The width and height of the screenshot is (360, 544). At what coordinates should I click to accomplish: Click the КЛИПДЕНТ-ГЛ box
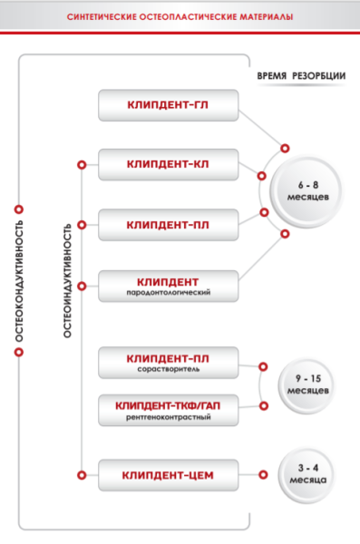(x=169, y=105)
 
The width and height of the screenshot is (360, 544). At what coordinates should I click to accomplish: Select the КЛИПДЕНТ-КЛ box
(x=169, y=165)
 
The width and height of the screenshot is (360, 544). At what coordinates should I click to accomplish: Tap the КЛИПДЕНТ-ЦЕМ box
(x=169, y=475)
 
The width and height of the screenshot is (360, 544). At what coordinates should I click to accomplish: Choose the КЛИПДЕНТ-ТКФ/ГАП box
(x=169, y=410)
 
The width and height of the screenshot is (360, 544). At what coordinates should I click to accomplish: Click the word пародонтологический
(x=169, y=293)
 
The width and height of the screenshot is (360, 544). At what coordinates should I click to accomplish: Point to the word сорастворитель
(x=169, y=369)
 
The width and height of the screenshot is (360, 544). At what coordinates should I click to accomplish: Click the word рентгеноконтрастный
(x=169, y=417)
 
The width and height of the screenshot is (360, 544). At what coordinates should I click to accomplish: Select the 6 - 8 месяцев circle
(x=307, y=191)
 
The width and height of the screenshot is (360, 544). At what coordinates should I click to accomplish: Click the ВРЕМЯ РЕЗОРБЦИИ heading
(x=301, y=76)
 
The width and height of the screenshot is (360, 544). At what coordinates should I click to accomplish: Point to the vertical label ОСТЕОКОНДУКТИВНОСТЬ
(x=19, y=281)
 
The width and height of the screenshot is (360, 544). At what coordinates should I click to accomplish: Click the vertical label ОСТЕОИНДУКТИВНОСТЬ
(x=67, y=281)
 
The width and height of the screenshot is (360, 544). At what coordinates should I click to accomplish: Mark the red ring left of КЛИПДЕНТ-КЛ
(x=82, y=165)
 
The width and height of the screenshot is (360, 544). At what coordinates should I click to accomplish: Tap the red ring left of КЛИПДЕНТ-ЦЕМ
(x=82, y=475)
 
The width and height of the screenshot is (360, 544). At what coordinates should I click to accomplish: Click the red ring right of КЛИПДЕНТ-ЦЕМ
(x=263, y=474)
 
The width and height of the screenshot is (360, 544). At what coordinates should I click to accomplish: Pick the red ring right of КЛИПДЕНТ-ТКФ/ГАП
(x=264, y=405)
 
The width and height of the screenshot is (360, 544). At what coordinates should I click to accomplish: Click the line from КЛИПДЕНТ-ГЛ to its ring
(x=259, y=128)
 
